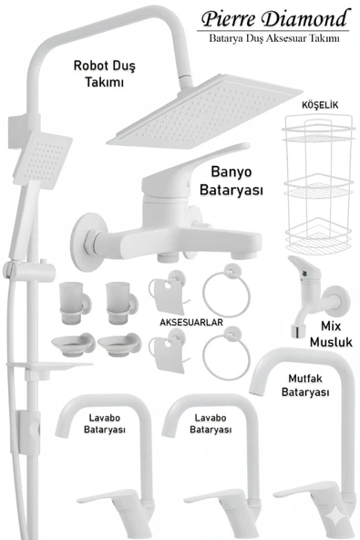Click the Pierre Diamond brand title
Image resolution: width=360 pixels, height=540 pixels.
274,18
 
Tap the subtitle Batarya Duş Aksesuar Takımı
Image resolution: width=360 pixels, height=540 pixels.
274,38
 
